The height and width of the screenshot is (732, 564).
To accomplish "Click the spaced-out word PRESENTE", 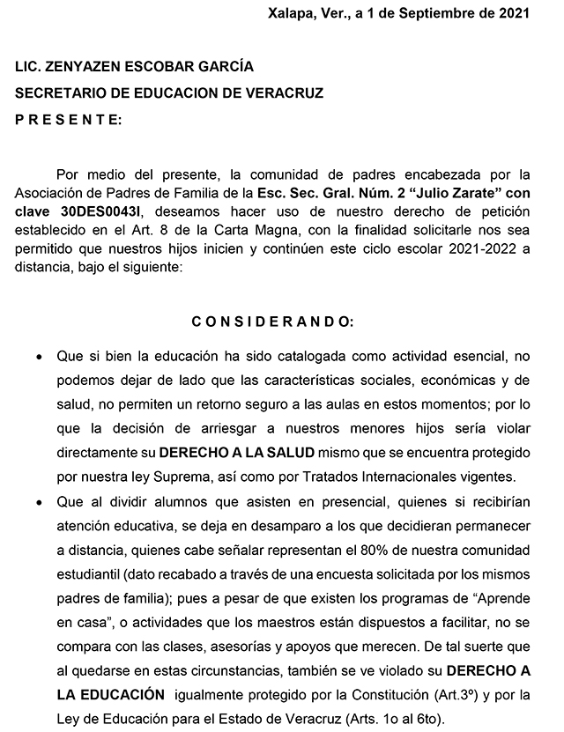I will coord(69,119).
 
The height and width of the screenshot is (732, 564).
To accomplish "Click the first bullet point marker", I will coord(39,359).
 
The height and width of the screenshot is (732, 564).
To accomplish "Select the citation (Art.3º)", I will coord(448,693).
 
